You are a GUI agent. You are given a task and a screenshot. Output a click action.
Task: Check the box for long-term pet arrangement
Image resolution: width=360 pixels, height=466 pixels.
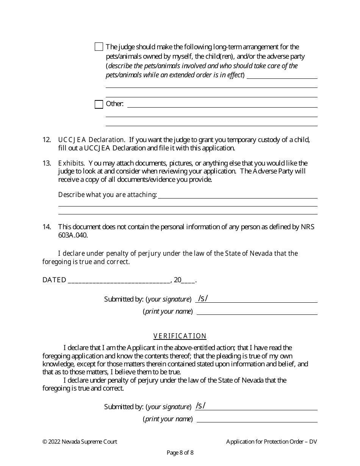(99, 47)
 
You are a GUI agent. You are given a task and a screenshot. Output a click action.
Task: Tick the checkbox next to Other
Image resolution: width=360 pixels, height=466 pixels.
(99, 104)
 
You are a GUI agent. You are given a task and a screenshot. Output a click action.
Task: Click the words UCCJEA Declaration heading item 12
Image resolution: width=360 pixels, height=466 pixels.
(91, 140)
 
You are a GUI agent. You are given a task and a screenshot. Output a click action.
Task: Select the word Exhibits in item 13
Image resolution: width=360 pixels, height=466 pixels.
(71, 163)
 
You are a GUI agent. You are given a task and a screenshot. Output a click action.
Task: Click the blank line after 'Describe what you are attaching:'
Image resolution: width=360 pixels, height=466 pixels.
(238, 195)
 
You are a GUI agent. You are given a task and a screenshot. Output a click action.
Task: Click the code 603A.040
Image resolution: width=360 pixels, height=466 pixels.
(73, 235)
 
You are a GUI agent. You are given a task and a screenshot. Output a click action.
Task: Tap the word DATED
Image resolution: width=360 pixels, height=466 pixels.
(54, 280)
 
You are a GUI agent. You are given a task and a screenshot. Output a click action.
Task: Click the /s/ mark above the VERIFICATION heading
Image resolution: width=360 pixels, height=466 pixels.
(203, 299)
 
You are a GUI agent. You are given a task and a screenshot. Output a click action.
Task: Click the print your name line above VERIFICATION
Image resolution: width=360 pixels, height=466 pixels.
(257, 312)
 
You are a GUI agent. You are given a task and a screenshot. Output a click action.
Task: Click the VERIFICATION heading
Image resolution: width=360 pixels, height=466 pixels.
(180, 336)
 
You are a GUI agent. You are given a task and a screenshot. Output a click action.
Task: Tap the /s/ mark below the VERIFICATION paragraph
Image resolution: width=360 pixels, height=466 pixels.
(200, 406)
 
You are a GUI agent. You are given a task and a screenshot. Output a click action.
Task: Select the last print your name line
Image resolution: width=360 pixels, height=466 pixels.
(257, 419)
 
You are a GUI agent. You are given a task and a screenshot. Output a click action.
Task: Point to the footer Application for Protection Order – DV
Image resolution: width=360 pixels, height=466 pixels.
(271, 441)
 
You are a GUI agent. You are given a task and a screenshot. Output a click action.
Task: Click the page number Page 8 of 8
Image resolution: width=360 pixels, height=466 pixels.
(180, 452)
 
